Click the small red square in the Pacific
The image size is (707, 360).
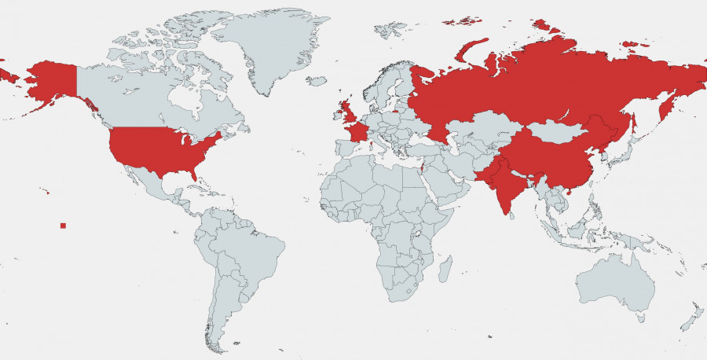point(63,226)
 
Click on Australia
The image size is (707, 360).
point(617,283)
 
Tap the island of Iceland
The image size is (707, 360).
point(317,80)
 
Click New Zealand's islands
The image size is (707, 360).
point(691,318)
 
